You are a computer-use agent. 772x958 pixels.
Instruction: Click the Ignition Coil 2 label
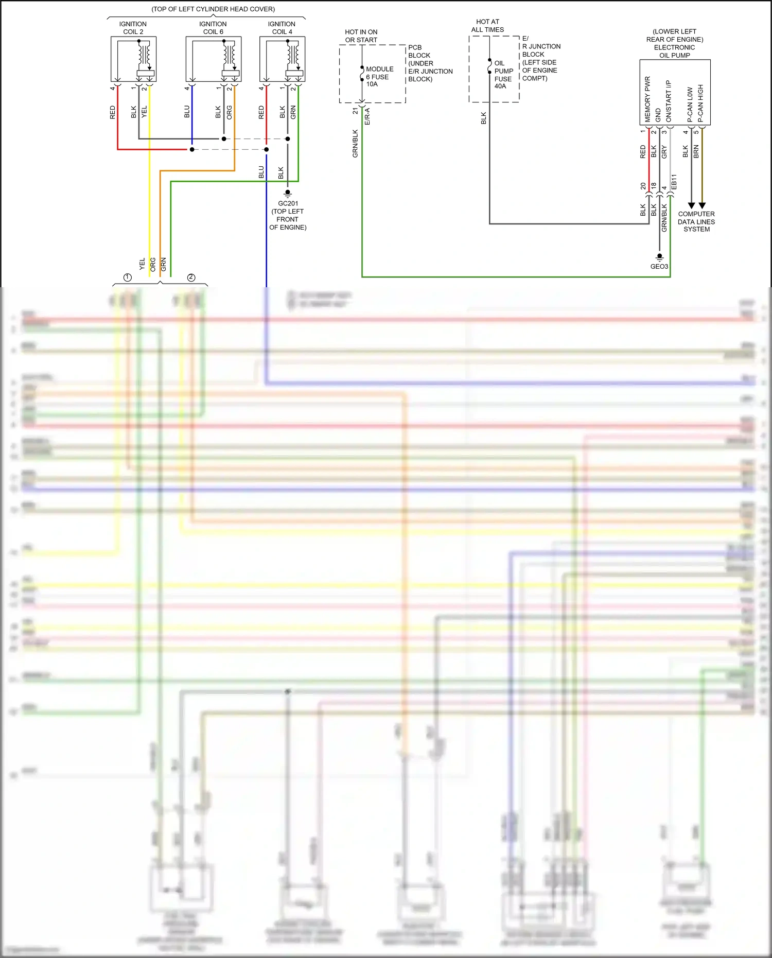click(x=133, y=28)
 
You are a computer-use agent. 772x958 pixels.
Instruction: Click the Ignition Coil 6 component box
click(x=213, y=59)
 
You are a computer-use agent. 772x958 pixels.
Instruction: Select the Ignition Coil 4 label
click(x=282, y=28)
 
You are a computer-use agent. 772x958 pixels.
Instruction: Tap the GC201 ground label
click(x=288, y=204)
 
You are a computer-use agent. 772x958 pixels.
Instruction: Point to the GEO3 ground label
click(x=659, y=267)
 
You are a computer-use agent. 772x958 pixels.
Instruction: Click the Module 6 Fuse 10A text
click(x=379, y=77)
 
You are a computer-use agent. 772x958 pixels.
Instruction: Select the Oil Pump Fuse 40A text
click(x=503, y=75)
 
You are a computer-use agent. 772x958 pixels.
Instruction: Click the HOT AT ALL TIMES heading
click(x=487, y=26)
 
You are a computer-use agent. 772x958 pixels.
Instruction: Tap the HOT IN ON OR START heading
click(x=361, y=36)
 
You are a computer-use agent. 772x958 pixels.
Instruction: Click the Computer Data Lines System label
click(x=696, y=222)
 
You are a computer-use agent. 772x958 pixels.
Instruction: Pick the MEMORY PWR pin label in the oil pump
click(x=647, y=99)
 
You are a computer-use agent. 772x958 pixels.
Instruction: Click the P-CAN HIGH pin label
click(x=700, y=103)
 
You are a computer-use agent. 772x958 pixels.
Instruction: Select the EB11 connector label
click(x=674, y=182)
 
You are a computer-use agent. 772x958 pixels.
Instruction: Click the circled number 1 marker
click(x=128, y=277)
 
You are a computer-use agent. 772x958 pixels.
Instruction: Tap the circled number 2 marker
click(x=191, y=277)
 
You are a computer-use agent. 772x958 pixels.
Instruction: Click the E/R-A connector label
click(x=367, y=117)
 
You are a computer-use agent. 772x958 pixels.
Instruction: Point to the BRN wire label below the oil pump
click(x=696, y=151)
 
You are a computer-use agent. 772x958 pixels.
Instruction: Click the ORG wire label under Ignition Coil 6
click(x=229, y=112)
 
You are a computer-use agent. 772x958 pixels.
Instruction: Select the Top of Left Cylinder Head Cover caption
click(x=213, y=9)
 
